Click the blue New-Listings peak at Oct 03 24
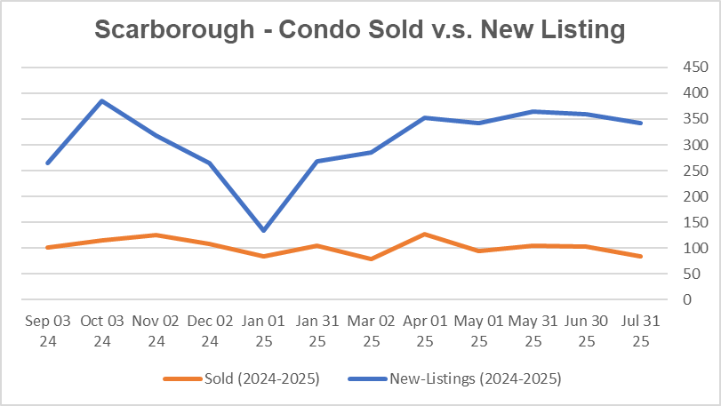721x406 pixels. pos(102,101)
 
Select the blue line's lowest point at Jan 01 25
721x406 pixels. pos(264,230)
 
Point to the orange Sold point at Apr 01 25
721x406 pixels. pos(425,235)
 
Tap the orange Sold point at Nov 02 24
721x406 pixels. pos(156,235)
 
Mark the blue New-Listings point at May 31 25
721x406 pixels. pos(533,112)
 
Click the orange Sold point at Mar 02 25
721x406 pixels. pos(371,259)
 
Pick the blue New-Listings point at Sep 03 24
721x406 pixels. pos(48,163)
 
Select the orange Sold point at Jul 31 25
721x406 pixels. pos(640,256)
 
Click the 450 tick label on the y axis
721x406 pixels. pos(670,68)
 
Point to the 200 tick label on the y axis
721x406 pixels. pos(670,196)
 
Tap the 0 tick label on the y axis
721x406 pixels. pos(662,299)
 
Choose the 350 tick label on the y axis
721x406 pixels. pos(670,119)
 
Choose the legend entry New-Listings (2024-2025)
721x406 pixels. pos(475,379)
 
